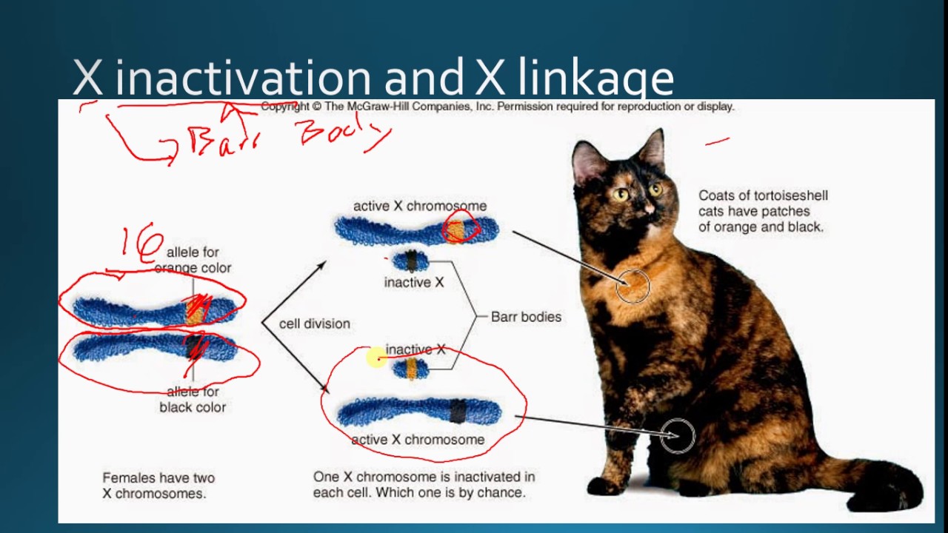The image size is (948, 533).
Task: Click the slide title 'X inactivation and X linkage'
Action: click(x=373, y=78)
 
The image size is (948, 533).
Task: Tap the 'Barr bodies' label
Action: click(x=526, y=317)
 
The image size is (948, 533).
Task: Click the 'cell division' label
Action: click(x=314, y=324)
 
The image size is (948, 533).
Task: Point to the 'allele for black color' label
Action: click(x=193, y=399)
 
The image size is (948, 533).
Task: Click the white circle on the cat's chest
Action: click(x=632, y=286)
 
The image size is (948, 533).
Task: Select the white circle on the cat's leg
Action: click(x=677, y=435)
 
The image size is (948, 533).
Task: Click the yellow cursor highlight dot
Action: click(x=376, y=358)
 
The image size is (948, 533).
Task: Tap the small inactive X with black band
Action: click(x=410, y=261)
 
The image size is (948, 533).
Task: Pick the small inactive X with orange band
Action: click(x=410, y=368)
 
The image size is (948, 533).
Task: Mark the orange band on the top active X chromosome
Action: click(x=457, y=230)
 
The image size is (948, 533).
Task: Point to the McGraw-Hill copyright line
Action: click(x=497, y=107)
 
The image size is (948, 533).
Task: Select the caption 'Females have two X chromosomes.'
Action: click(x=158, y=486)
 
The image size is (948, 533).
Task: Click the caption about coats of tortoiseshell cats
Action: click(x=762, y=211)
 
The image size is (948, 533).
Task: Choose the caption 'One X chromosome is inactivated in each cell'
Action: click(x=424, y=484)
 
